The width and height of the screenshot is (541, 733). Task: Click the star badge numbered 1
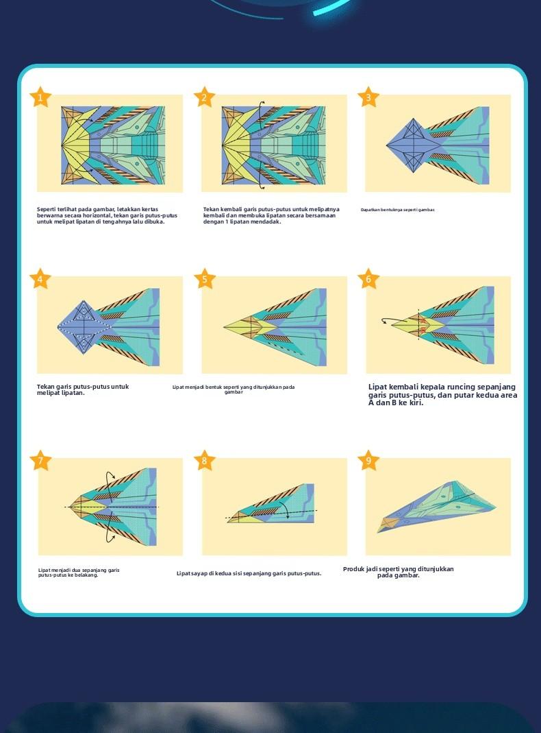[40, 97]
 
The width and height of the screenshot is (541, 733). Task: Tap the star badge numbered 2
[204, 97]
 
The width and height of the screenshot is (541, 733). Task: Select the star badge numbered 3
[368, 97]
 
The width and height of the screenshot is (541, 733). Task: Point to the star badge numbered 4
[40, 279]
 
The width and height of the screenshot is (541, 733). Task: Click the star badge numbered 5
[204, 279]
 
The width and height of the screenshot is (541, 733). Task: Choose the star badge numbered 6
[368, 279]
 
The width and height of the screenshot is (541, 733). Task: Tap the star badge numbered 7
[40, 461]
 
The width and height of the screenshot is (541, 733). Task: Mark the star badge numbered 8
[204, 461]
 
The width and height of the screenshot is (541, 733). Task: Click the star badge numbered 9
[368, 461]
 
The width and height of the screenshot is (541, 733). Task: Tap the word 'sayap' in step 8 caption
[198, 573]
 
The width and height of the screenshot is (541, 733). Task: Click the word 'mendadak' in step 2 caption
[264, 221]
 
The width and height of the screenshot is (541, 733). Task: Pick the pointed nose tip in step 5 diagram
[225, 327]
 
